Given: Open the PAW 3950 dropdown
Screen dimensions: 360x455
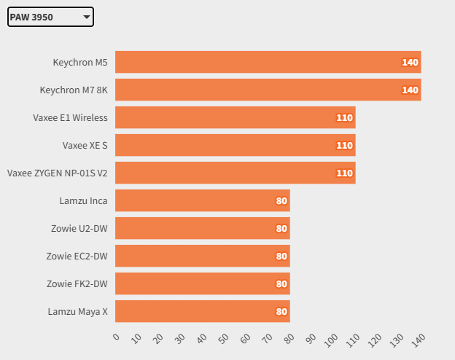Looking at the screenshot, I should click(50, 17).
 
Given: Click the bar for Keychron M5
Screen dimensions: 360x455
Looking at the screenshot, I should click(268, 62).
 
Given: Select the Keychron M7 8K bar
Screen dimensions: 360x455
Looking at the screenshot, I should click(268, 90).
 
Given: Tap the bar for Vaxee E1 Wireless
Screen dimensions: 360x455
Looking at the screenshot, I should click(235, 117).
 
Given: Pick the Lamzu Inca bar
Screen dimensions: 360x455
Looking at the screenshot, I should click(202, 200).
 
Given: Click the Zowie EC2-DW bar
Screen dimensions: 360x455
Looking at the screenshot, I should click(202, 256).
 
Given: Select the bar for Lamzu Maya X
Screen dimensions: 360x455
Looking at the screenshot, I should click(202, 311).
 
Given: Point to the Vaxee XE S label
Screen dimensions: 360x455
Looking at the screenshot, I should click(85, 145).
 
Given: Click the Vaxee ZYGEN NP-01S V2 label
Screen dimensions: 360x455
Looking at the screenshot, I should click(57, 173).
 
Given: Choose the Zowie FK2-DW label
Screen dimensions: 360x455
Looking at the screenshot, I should click(77, 283).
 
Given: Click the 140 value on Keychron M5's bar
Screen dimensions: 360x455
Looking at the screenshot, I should click(410, 63).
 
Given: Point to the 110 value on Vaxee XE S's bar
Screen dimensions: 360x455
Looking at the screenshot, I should click(344, 146).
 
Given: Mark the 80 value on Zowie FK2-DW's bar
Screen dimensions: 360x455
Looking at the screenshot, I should click(281, 284).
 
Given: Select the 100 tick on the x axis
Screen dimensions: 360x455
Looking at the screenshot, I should click(331, 340).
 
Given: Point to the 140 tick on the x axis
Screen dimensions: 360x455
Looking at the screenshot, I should click(419, 340).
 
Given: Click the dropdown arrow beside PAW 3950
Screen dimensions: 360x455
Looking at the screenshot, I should click(86, 17).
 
